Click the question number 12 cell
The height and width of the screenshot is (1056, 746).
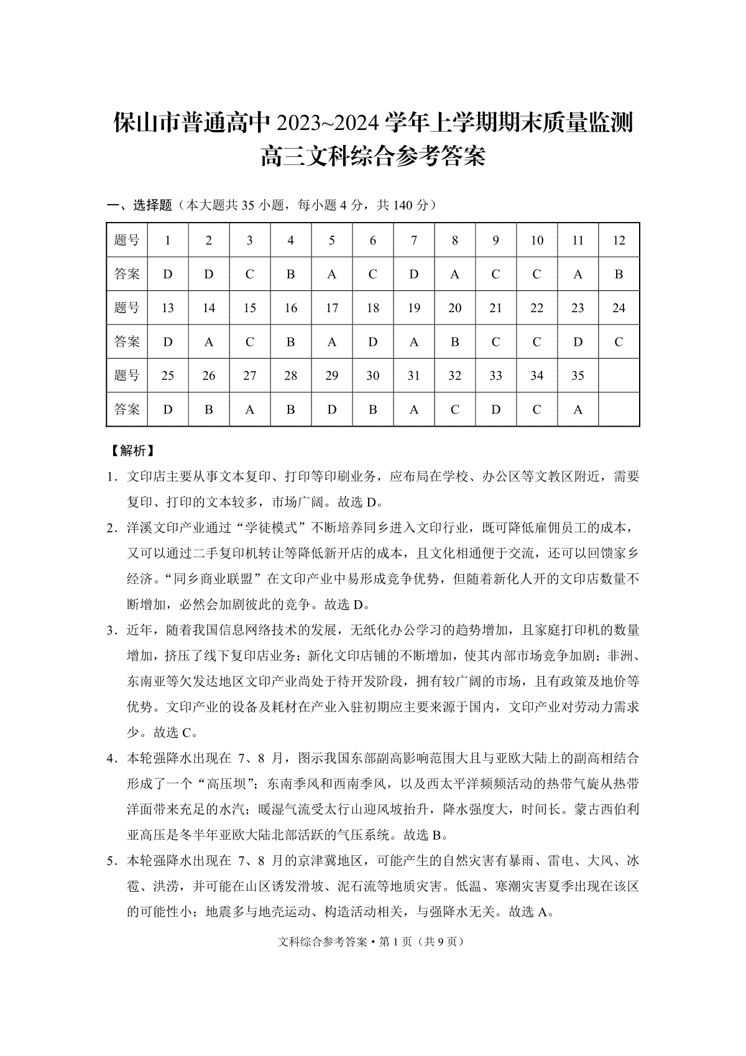coord(619,240)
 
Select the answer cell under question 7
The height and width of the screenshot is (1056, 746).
coord(414,274)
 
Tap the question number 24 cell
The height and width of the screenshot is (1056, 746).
coord(619,308)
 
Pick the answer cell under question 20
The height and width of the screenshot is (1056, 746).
coord(455,341)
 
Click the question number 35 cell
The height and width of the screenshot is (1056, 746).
coord(578,376)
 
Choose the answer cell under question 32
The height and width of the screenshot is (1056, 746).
coord(455,409)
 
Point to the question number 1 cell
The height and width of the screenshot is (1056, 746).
coord(168,240)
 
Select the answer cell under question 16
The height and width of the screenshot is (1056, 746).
coord(291,341)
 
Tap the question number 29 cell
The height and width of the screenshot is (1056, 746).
coord(332,376)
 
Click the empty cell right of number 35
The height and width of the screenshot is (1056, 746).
coord(619,376)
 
